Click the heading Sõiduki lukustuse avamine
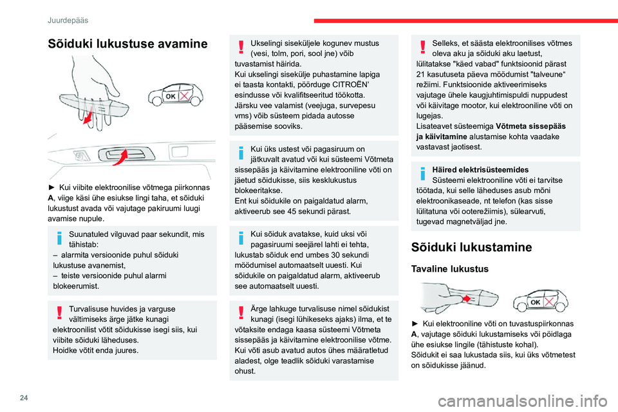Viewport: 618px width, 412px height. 127,44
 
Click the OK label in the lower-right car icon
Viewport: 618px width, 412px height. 535,302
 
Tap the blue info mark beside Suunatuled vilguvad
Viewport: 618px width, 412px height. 60,238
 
